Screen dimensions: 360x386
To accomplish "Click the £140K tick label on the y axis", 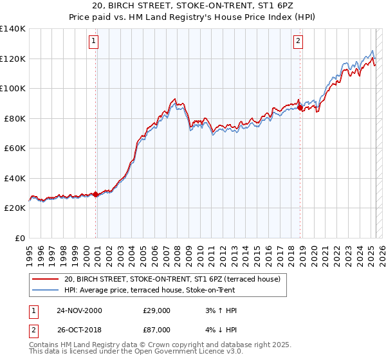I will (13, 29).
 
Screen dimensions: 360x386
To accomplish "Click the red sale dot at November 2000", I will (96, 194).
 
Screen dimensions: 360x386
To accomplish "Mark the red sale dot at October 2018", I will (300, 108).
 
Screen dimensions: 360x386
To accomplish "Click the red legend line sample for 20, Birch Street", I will (46, 280).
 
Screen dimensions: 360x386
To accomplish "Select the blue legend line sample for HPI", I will (46, 290).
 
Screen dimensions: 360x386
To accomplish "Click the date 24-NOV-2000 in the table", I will (79, 310).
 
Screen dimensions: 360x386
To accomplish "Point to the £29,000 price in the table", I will (157, 310).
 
